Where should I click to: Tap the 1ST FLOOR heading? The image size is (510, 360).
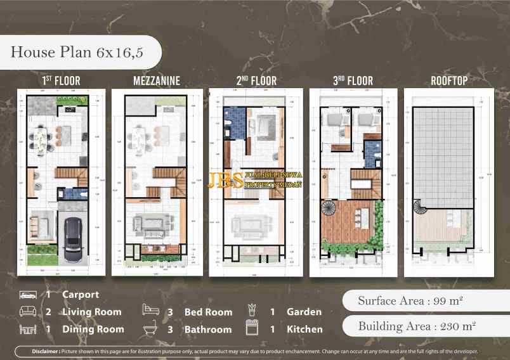(61, 81)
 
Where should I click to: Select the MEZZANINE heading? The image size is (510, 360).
(157, 81)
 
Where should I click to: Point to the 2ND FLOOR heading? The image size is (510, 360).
(256, 81)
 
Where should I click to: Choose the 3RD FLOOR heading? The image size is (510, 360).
(353, 81)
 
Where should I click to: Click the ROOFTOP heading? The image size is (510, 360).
(449, 81)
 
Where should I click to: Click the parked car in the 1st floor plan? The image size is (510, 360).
(74, 235)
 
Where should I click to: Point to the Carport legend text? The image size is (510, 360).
(81, 295)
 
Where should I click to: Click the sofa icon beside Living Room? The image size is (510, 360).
(27, 312)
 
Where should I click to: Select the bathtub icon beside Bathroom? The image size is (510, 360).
(151, 330)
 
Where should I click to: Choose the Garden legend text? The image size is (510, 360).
(304, 312)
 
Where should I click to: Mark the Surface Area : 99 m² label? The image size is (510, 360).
(410, 300)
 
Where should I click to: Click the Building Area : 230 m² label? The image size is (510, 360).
(417, 327)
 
